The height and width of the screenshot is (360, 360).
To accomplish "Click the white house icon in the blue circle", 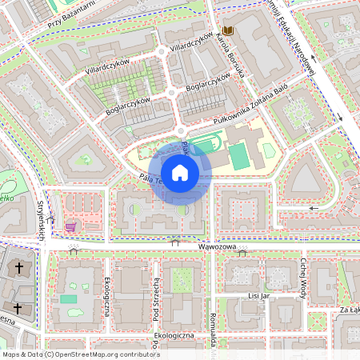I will pyautogui.click(x=180, y=173).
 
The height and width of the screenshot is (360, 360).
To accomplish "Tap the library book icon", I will pyautogui.click(x=228, y=30).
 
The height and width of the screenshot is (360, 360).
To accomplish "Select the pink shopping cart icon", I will pyautogui.click(x=70, y=226).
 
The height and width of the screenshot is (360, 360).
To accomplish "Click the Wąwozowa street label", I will pyautogui.click(x=216, y=247).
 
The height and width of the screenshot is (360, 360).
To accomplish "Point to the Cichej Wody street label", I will pyautogui.click(x=305, y=275).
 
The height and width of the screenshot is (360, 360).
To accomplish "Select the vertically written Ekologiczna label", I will pyautogui.click(x=106, y=295).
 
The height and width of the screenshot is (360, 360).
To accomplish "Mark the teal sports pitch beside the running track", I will pyautogui.click(x=238, y=156).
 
